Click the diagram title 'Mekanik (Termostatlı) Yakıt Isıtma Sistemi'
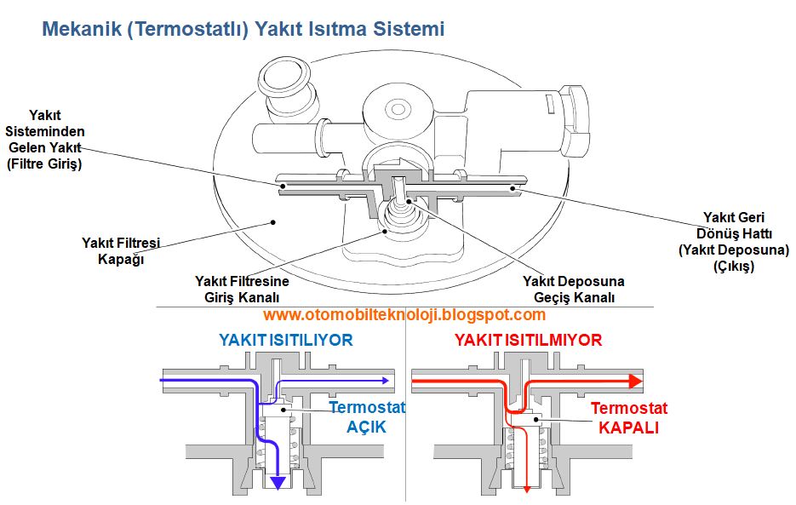[243, 30]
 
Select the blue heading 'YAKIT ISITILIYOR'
[285, 341]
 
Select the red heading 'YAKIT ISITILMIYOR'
[528, 341]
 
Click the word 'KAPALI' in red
[628, 428]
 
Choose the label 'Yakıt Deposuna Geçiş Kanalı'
[573, 289]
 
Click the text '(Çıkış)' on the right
[729, 267]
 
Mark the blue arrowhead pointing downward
[277, 483]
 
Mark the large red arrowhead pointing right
[634, 381]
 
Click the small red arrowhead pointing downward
[527, 488]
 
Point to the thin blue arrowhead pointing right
[388, 381]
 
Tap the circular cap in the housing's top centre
[398, 109]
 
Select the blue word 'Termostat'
[367, 407]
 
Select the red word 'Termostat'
[628, 408]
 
